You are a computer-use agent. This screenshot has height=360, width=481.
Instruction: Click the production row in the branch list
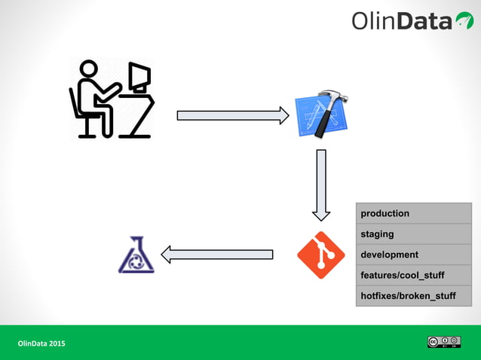(x=413, y=213)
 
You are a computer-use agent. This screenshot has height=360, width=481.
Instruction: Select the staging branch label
(x=413, y=234)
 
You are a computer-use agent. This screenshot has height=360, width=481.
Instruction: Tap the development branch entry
(x=413, y=255)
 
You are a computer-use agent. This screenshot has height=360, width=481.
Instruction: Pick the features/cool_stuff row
(x=413, y=275)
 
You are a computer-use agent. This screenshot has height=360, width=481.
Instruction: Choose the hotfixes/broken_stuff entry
(x=413, y=296)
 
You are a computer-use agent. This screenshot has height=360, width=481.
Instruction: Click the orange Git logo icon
(x=321, y=255)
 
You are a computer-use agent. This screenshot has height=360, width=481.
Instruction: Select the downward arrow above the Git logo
(x=321, y=185)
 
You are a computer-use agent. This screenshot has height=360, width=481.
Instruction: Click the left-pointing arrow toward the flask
(x=217, y=255)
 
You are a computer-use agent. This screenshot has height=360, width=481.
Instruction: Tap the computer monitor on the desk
(x=139, y=78)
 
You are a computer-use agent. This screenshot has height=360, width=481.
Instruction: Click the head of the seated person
(x=89, y=69)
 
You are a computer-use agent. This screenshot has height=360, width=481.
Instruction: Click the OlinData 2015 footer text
(x=41, y=343)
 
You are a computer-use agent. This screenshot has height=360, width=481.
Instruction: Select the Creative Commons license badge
(x=443, y=342)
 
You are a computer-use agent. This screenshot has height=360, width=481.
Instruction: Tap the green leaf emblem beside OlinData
(x=464, y=21)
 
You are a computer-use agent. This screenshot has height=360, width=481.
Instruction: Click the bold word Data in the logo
(x=424, y=21)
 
